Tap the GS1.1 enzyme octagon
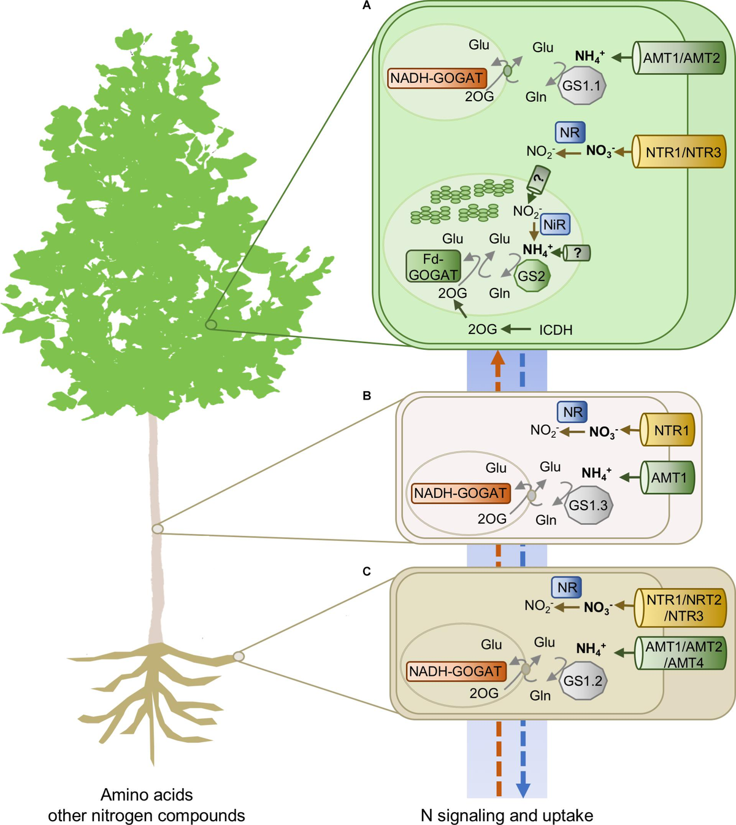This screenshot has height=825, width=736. tap(581, 86)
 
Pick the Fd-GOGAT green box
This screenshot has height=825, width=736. tap(434, 267)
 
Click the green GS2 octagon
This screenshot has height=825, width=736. tap(531, 276)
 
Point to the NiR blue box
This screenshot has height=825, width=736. tap(554, 225)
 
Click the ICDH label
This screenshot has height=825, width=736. tap(556, 330)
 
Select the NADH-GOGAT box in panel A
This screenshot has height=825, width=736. tap(436, 78)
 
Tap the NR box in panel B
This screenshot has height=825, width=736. tap(572, 412)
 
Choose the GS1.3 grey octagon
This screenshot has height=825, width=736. tap(588, 505)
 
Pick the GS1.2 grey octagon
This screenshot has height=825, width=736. tap(583, 681)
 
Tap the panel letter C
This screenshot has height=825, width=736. tap(367, 571)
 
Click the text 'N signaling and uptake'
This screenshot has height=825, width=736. tap(507, 815)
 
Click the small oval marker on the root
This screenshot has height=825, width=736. tap(239, 656)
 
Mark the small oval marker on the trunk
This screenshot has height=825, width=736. tap(158, 528)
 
